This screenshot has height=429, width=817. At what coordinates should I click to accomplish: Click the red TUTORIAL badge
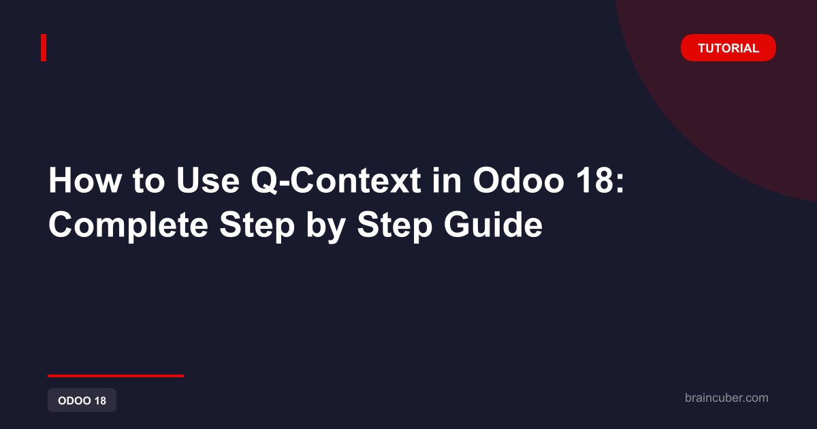coord(728,48)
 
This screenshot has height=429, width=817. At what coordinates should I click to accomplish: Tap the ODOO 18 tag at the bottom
coord(82,400)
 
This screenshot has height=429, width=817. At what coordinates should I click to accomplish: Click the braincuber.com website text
coord(726,398)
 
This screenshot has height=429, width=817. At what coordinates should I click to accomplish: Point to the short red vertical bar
coord(44,48)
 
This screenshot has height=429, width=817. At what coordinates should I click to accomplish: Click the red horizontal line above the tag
coord(116,376)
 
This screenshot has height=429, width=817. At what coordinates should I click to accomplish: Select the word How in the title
coord(85,180)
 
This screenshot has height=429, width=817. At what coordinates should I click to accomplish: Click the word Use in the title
coord(208,180)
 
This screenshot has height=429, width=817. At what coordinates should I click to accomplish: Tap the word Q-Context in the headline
coord(336,180)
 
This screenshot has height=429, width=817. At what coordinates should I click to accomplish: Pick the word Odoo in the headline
coord(519,180)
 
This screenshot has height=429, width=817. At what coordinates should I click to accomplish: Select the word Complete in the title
coord(128,225)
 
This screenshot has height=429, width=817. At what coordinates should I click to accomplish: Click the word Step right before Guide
coord(394,226)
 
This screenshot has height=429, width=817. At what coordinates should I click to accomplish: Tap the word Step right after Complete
coord(257,226)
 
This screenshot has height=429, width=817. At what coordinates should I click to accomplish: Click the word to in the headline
coord(148,181)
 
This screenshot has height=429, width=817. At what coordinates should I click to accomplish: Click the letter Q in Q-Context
coord(264,181)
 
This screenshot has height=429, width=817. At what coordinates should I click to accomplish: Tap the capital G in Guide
coord(456,225)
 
